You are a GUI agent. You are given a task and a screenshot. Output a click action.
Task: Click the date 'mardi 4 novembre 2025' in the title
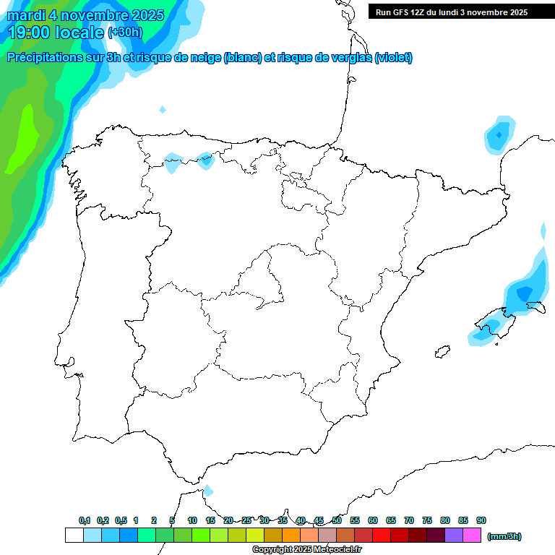click(x=85, y=15)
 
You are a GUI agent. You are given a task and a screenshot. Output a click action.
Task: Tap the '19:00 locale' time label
click(x=56, y=32)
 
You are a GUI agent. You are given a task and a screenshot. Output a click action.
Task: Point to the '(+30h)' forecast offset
click(x=125, y=33)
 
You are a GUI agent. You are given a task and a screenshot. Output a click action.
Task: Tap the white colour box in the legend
click(x=74, y=535)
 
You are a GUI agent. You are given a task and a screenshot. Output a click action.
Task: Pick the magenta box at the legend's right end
click(x=472, y=535)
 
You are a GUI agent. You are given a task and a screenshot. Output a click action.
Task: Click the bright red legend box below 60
click(x=381, y=535)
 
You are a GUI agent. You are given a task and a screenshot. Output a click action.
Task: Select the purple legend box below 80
click(x=453, y=535)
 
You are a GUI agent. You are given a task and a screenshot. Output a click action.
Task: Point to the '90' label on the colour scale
click(x=481, y=520)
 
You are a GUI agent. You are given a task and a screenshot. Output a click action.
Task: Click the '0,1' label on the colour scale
click(x=85, y=520)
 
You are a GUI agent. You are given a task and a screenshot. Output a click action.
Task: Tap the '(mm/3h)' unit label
click(x=504, y=536)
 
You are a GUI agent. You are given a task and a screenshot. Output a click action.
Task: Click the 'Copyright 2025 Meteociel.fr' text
click(x=307, y=550)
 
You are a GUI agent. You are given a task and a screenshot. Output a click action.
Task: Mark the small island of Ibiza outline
click(x=442, y=352)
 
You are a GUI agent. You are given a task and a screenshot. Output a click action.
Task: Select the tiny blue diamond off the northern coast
click(x=163, y=110)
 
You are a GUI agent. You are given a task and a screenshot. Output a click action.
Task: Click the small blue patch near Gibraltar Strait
click(x=208, y=491)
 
